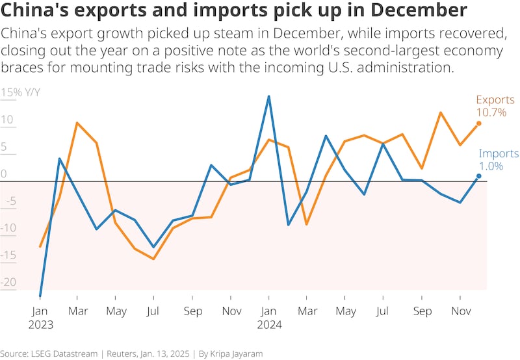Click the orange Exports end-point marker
[479, 123]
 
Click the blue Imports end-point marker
[479, 176]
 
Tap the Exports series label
[495, 100]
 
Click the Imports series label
[499, 154]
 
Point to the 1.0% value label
[491, 166]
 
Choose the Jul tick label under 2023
[153, 311]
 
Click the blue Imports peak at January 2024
[268, 96]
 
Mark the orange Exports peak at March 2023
[77, 123]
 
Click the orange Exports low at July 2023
[153, 259]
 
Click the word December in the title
[413, 11]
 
